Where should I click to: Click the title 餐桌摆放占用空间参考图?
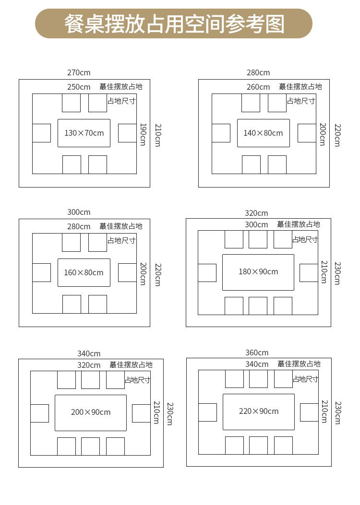[174, 23]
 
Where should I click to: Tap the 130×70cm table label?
[84, 133]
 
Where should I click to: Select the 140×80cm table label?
[263, 133]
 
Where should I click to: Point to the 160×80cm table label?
[84, 272]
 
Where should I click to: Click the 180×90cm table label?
[258, 271]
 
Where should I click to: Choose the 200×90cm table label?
[91, 412]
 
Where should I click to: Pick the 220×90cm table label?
[259, 411]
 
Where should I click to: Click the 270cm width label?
[79, 73]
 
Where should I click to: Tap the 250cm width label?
[79, 87]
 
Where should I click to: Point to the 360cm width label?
[257, 353]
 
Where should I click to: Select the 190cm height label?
[143, 134]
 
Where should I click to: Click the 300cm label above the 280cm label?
[79, 212]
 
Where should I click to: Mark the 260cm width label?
[258, 87]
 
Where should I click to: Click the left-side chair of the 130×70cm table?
[41, 133]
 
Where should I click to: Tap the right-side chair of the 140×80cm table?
[307, 133]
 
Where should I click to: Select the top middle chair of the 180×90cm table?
[258, 239]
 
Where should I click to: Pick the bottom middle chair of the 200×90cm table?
[90, 446]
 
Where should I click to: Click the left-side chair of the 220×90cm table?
[207, 412]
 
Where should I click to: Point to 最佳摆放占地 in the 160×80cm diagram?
[121, 226]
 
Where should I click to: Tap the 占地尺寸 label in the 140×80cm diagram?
[301, 101]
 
